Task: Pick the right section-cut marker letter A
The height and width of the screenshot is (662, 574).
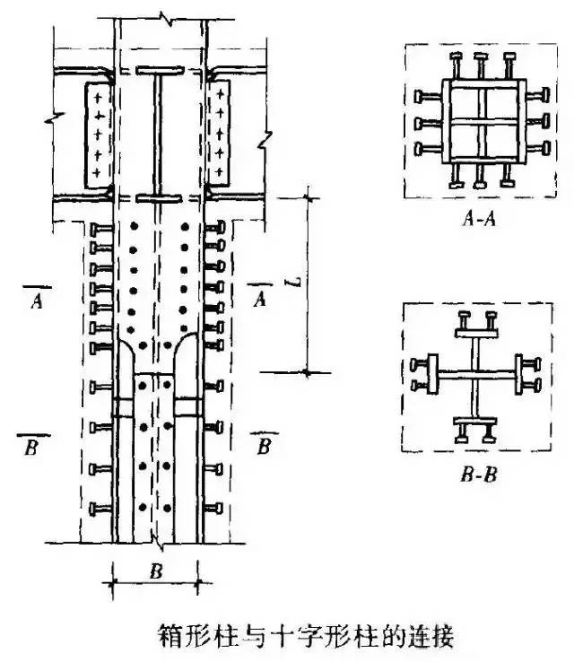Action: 260,299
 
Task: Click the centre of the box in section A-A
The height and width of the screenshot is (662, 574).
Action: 482,120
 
